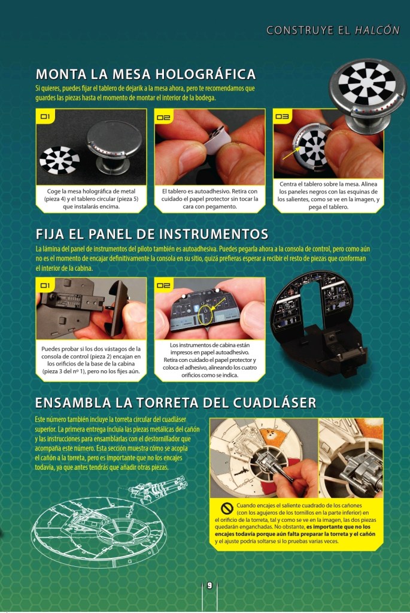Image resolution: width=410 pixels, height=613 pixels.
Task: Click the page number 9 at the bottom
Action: [209, 585]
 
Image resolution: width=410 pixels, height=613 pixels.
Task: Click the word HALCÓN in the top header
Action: [377, 30]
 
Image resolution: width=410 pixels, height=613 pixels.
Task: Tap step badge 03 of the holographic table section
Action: [282, 116]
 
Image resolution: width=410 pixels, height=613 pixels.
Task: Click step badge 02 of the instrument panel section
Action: [163, 285]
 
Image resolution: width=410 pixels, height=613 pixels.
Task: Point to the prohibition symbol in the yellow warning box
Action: [227, 508]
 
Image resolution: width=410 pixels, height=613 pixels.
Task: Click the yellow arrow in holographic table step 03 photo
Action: [289, 153]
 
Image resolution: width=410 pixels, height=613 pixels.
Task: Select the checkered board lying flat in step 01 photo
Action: [59, 160]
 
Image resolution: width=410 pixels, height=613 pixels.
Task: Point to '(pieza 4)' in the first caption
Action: [56, 198]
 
